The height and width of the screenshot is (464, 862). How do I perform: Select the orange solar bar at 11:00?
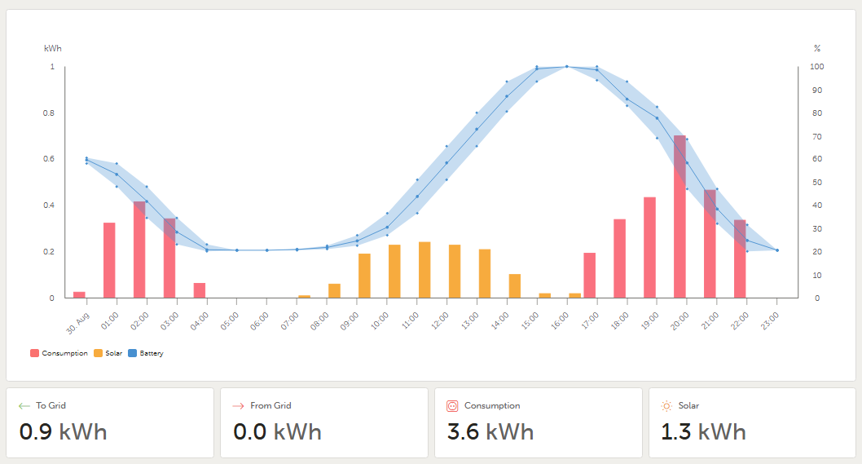(x=424, y=270)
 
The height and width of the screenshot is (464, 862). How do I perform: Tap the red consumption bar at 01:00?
(x=109, y=260)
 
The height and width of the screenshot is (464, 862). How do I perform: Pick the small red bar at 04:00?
(x=200, y=290)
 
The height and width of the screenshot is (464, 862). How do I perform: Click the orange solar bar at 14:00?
(x=514, y=286)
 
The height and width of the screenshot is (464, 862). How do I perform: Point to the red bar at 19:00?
(x=649, y=247)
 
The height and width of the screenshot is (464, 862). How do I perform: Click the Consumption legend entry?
(x=59, y=353)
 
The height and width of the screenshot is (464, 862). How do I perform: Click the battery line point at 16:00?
(x=566, y=67)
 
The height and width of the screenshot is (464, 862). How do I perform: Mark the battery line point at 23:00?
(x=777, y=250)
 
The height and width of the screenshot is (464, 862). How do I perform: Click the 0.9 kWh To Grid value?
(x=63, y=431)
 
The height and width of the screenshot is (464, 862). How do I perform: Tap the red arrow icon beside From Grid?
(x=239, y=405)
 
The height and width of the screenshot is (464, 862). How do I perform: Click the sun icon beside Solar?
(x=666, y=405)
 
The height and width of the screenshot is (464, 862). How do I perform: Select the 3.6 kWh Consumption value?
(x=490, y=431)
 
